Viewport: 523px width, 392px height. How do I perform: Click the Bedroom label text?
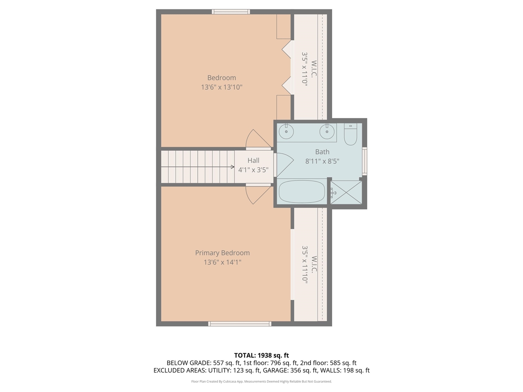tap(221, 78)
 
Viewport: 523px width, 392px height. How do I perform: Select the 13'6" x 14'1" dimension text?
tap(222, 262)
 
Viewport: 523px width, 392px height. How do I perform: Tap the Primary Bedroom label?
tap(222, 253)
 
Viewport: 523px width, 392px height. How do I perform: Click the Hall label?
tap(253, 160)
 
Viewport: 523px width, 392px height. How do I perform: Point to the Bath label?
tap(322, 151)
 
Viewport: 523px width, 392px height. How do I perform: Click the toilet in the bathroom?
tap(351, 135)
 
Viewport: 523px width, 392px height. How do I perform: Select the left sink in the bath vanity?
tap(286, 131)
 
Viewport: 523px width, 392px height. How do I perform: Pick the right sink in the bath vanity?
tap(327, 131)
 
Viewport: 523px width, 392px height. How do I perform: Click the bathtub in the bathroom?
tap(302, 192)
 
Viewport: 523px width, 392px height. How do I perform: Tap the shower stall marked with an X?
tap(346, 192)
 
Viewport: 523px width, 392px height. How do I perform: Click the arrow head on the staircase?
tap(232, 167)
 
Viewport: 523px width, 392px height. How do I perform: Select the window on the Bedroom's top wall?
tap(231, 11)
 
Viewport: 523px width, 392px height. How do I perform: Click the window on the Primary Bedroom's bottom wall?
tap(239, 324)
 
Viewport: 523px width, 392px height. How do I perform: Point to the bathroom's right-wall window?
tap(364, 160)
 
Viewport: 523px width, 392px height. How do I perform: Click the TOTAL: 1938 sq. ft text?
tap(261, 355)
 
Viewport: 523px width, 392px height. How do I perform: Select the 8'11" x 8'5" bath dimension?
tap(322, 161)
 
